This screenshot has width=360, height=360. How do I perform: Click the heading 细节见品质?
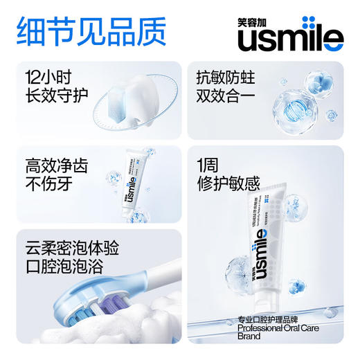click(x=91, y=30)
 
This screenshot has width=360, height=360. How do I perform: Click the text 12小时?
click(x=42, y=76)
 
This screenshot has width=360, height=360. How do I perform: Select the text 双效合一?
click(x=226, y=98)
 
